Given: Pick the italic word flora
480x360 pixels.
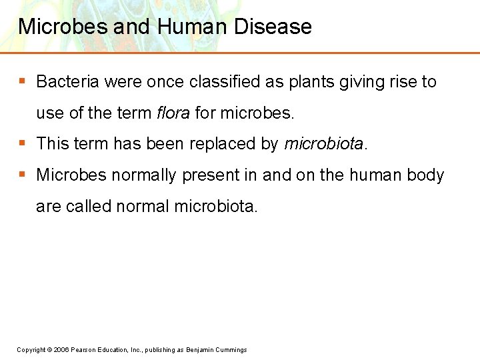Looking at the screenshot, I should click(173, 113).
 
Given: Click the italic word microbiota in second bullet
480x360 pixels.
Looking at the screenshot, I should click(324, 143).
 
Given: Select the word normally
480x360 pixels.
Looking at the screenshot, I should click(144, 175).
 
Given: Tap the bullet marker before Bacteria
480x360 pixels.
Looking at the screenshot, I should click(22, 81).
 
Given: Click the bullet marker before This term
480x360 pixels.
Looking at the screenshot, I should click(22, 143).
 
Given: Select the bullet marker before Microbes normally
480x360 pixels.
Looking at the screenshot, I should click(22, 175).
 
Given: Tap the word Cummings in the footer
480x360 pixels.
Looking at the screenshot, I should click(231, 350).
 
